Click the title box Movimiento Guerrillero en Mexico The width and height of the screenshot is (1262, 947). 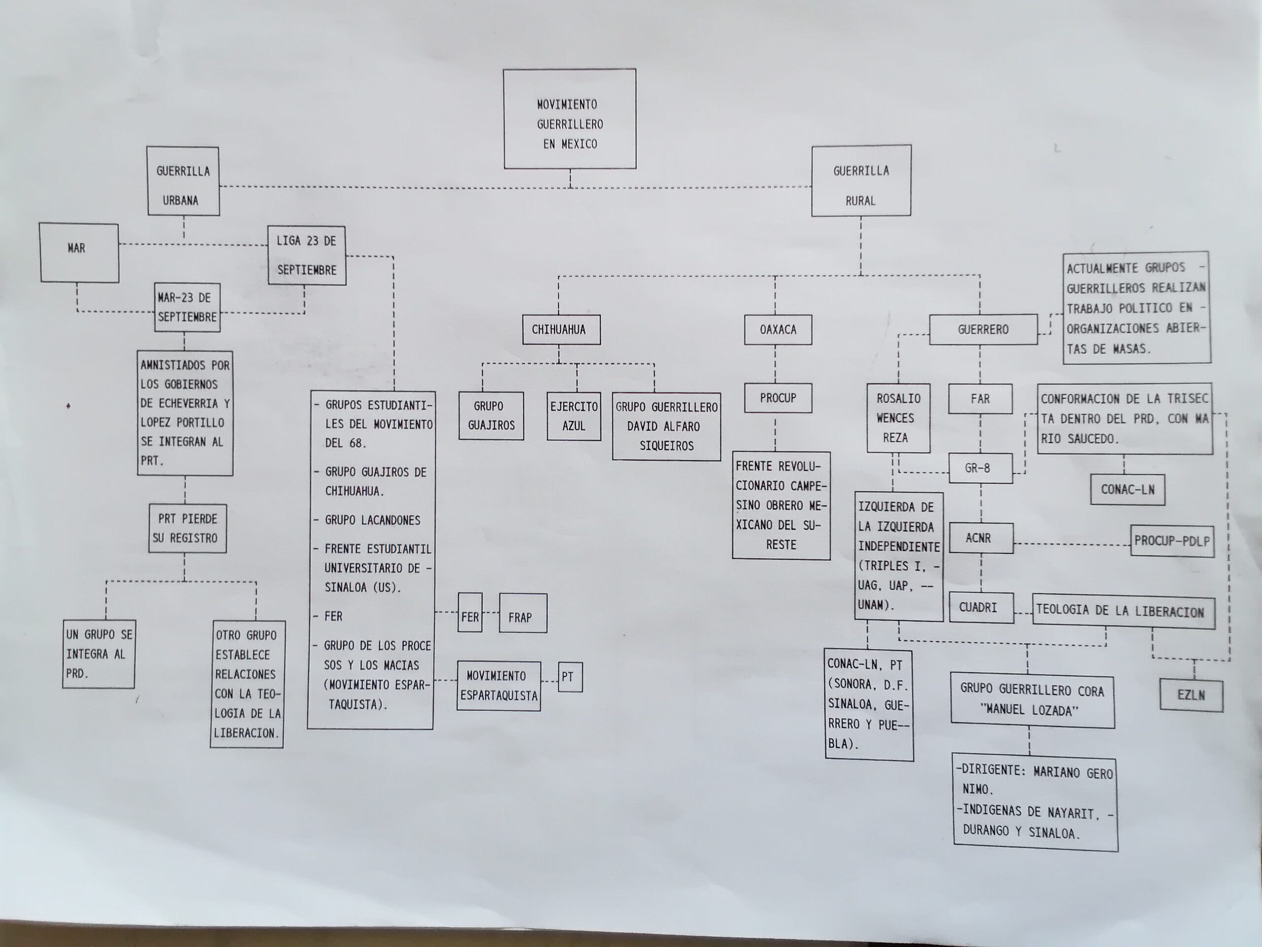coord(569,119)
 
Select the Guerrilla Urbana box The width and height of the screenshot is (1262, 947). coord(183,181)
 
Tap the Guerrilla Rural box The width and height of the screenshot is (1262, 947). coord(861,181)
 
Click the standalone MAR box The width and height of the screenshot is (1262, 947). coord(79,253)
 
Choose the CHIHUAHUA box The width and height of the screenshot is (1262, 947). coord(561,329)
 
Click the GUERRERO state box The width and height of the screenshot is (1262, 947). coord(983,329)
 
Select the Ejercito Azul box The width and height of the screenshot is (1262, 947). coord(573,416)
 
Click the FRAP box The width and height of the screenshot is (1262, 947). coord(523,613)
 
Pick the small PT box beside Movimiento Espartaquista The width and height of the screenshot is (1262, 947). coord(570,677)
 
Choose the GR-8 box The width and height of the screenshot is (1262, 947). coord(980,468)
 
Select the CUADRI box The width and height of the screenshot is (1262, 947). coord(982,607)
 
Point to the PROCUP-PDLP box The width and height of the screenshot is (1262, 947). coord(1172,541)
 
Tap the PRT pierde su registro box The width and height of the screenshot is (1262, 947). coord(187,528)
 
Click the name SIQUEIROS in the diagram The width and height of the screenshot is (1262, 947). coord(666,446)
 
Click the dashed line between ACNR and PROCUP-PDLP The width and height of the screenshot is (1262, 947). coord(1072,544)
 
